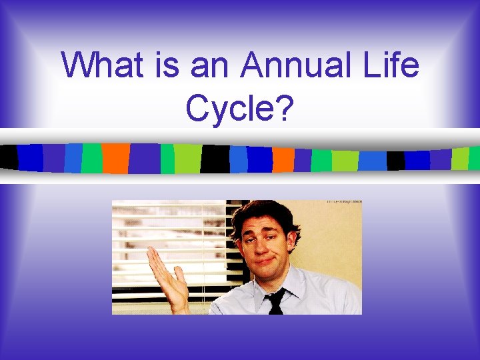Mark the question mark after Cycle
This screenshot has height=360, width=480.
tap(283, 107)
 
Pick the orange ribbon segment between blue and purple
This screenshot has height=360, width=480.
tap(283, 159)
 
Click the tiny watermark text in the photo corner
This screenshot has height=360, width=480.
tap(343, 203)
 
